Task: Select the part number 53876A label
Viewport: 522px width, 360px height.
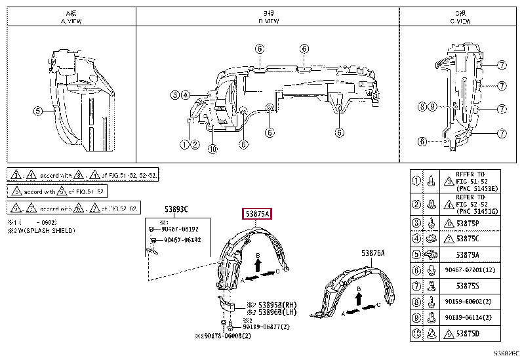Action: coord(373,252)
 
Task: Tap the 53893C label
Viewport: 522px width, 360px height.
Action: coord(176,210)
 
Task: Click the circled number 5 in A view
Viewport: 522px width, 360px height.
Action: coord(37,111)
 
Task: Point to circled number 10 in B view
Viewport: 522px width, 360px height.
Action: coord(212,148)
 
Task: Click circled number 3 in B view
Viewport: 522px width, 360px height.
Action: coord(175,95)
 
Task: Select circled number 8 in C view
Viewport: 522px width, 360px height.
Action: coord(422,106)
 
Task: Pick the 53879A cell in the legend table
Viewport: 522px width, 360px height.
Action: coord(467,254)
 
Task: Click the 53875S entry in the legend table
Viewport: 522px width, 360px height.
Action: coord(468,286)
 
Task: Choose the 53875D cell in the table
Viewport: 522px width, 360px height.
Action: coord(468,334)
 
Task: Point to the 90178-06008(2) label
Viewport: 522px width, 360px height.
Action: coord(226,334)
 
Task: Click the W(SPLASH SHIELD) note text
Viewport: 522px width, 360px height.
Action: coord(45,231)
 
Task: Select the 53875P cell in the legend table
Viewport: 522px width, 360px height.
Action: coord(468,223)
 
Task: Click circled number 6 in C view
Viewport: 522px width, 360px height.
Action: coord(422,141)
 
